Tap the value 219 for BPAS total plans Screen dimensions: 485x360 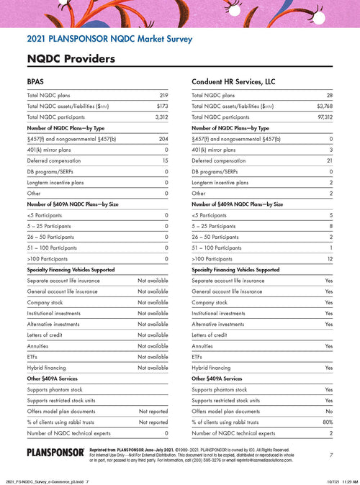(x=163, y=95)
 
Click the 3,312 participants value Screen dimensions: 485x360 (x=161, y=116)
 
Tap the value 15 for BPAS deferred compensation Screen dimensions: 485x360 (x=165, y=160)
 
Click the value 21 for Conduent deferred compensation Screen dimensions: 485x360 (x=330, y=160)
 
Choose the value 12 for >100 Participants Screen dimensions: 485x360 (x=330, y=258)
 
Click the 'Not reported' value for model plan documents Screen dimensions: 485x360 (x=153, y=412)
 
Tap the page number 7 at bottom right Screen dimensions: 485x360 (x=330, y=455)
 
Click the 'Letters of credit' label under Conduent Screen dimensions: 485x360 (x=210, y=335)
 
